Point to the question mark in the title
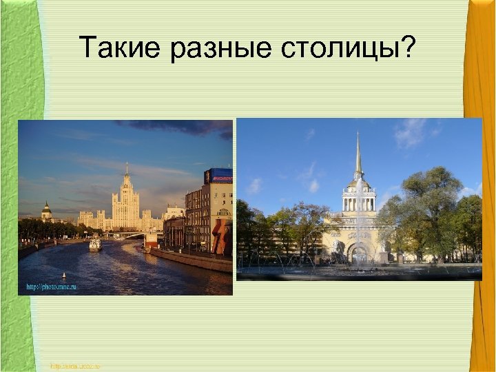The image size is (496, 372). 408,48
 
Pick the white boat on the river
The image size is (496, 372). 94,245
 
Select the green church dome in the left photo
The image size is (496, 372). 46,207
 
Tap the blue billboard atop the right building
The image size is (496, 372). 218,176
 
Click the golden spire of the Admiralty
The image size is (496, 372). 358,155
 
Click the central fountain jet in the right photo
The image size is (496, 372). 358,227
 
